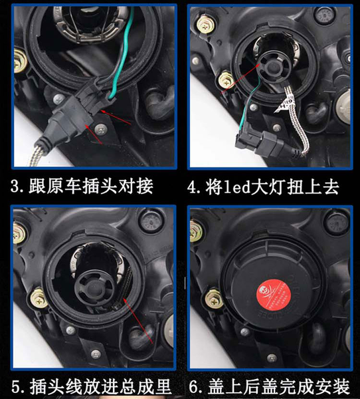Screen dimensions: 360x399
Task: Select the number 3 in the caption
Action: coord(15,186)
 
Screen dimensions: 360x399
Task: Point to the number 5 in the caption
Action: coord(15,387)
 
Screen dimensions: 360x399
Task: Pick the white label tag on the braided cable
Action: coord(285,105)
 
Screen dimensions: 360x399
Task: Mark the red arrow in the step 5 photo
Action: coord(138,321)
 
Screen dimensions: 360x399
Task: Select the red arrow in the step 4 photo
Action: coord(240,78)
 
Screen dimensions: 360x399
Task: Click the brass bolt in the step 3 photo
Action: coord(20,61)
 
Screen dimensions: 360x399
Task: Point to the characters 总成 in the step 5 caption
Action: coord(137,387)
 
